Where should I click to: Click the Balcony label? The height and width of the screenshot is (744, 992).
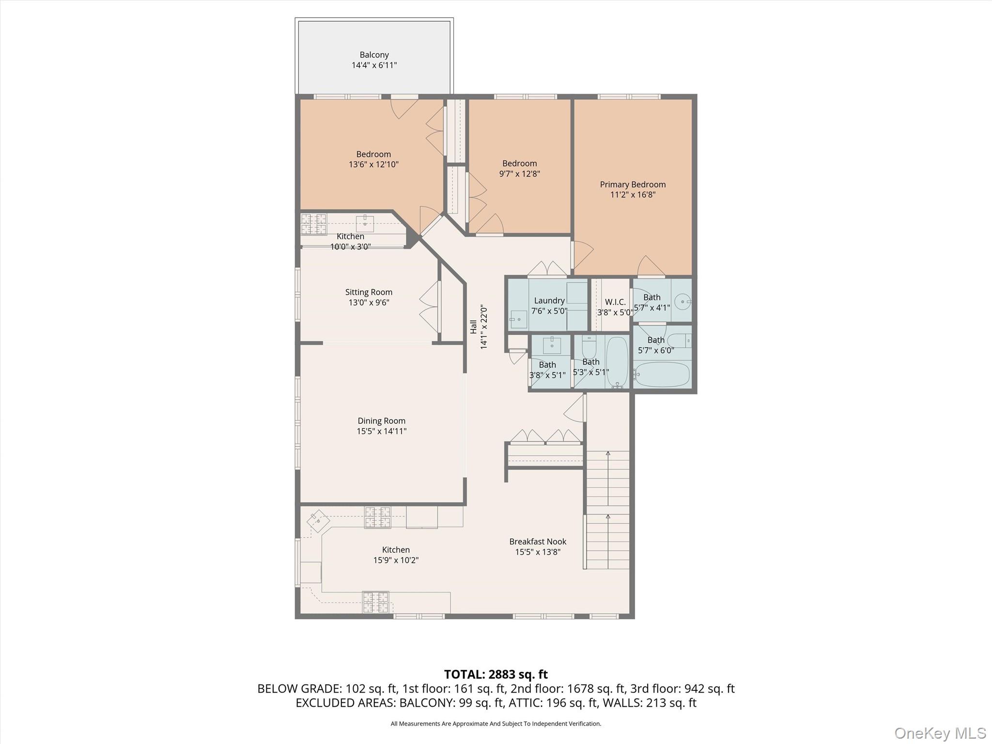[x=374, y=55]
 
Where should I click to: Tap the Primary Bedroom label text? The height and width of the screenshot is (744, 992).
[x=633, y=185]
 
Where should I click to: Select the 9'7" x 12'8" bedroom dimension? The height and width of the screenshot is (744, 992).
[x=519, y=174]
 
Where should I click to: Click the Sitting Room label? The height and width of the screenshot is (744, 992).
[x=369, y=292]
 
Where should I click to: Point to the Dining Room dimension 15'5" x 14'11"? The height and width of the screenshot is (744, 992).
[x=381, y=432]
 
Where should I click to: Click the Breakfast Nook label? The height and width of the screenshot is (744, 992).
[x=538, y=542]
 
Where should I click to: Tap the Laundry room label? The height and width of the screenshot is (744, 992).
[x=549, y=300]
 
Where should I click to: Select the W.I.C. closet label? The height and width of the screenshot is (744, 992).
[x=615, y=302]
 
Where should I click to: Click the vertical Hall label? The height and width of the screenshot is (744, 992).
[x=473, y=327]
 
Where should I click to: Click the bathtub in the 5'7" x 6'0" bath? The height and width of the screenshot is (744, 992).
[x=662, y=374]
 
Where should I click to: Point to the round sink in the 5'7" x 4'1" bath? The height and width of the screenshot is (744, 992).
[x=683, y=302]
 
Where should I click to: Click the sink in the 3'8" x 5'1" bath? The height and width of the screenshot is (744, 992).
[x=552, y=345]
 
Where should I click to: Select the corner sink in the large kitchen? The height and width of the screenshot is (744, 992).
[x=318, y=521]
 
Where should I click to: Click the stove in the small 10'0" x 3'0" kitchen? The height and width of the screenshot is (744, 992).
[x=313, y=224]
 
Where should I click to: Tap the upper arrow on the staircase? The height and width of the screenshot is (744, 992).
[x=608, y=454]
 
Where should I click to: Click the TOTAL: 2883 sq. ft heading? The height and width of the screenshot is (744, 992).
[x=496, y=674]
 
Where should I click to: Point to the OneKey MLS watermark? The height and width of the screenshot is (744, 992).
[x=940, y=733]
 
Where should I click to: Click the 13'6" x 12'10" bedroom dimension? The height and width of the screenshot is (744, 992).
[x=373, y=165]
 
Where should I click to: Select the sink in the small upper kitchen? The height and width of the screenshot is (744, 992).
[x=364, y=224]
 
